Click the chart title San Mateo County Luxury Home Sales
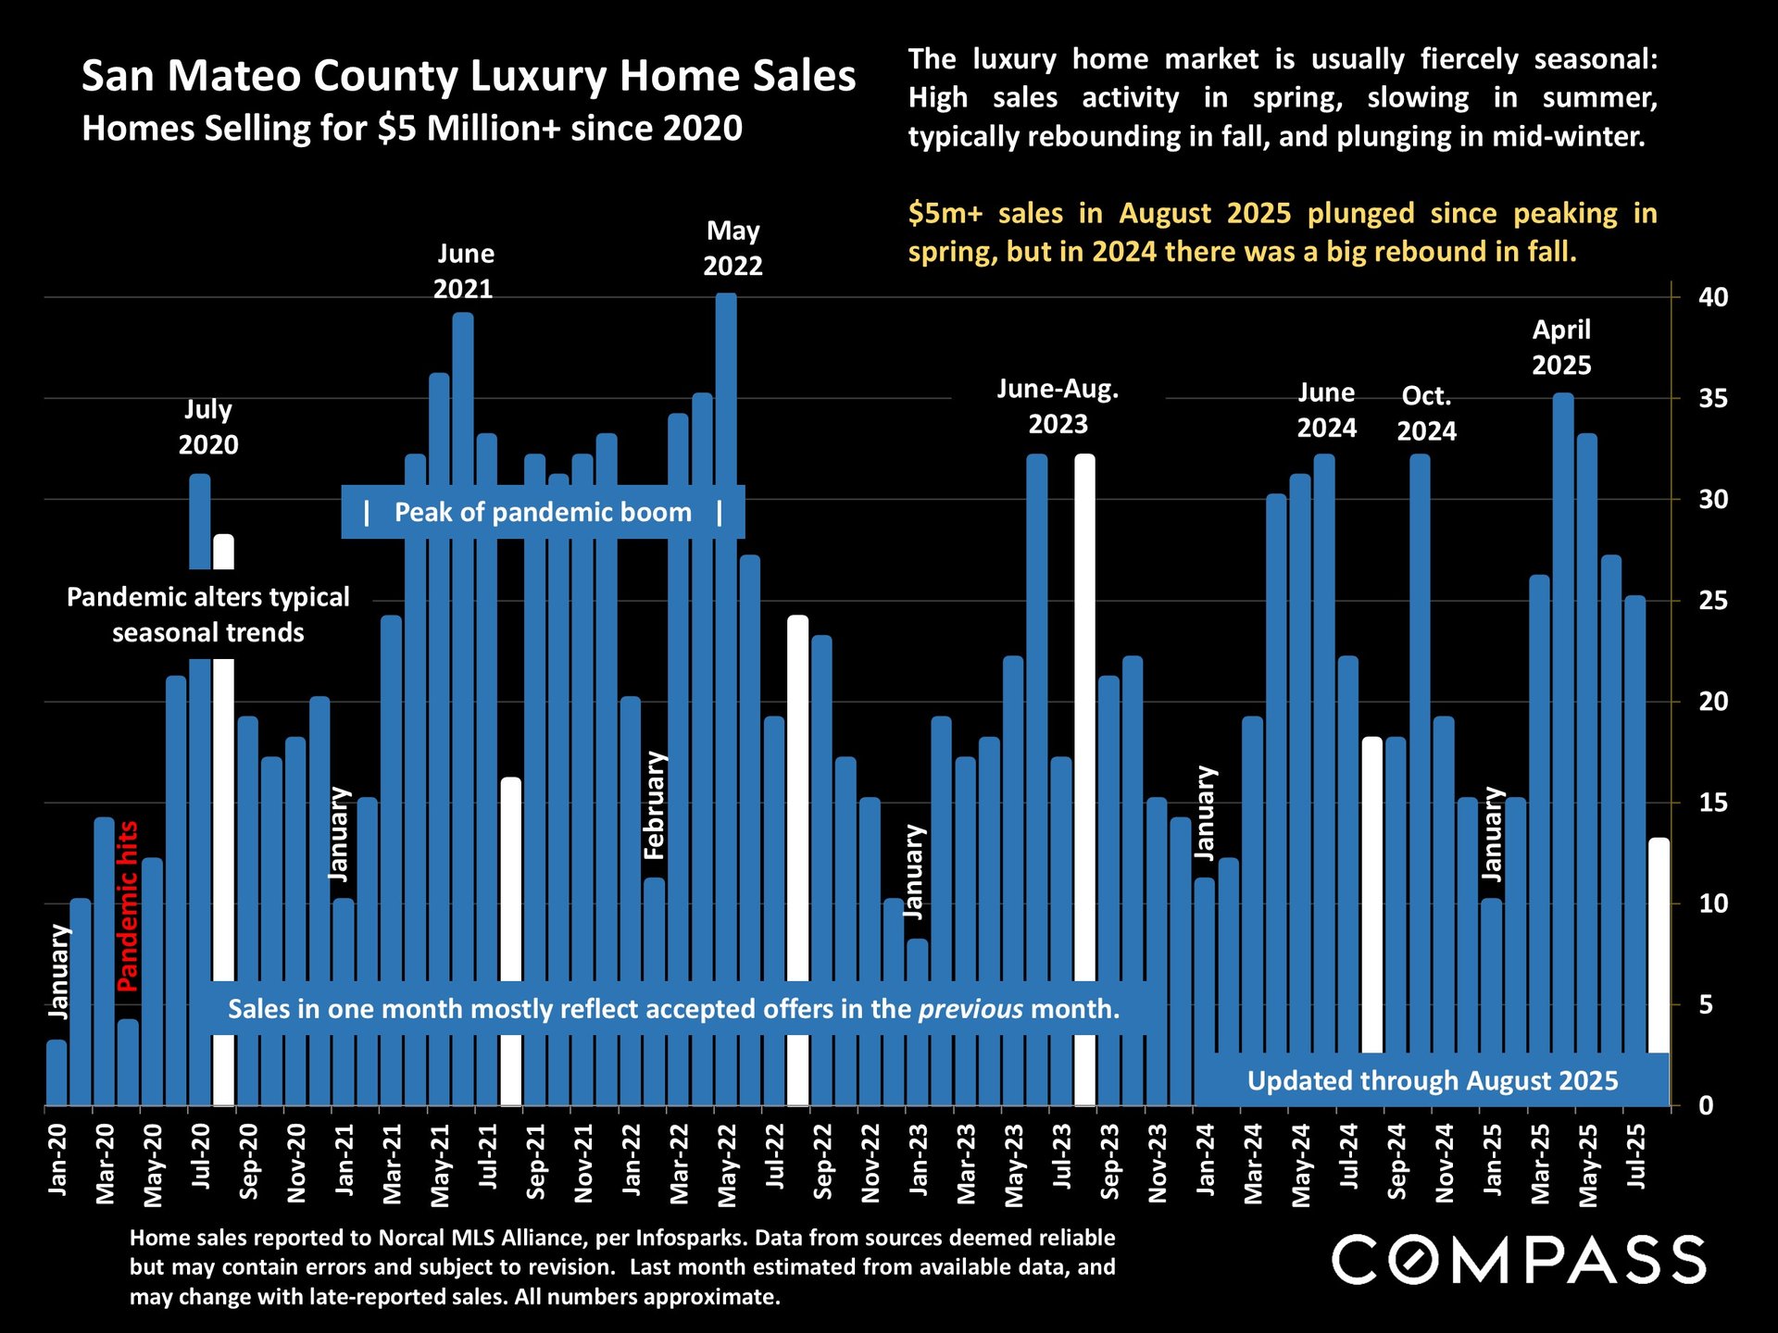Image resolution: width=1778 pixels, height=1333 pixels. pyautogui.click(x=469, y=76)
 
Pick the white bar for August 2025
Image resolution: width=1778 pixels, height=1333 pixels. pyautogui.click(x=1659, y=944)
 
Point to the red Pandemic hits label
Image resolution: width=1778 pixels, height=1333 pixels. pyautogui.click(x=127, y=906)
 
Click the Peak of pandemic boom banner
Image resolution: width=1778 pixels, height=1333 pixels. pyautogui.click(x=543, y=512)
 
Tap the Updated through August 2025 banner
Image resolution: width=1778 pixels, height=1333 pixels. pyautogui.click(x=1432, y=1080)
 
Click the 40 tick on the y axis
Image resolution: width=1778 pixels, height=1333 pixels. pyautogui.click(x=1712, y=297)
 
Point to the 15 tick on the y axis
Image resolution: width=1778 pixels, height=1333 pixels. pyautogui.click(x=1712, y=803)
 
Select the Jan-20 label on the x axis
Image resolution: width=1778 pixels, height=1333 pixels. pyautogui.click(x=57, y=1159)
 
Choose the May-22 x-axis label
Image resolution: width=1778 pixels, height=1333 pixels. pyautogui.click(x=728, y=1165)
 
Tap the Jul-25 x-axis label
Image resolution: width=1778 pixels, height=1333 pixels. pyautogui.click(x=1635, y=1157)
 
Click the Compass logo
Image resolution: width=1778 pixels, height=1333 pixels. pyautogui.click(x=1519, y=1260)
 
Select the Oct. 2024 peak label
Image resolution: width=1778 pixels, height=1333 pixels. pyautogui.click(x=1426, y=413)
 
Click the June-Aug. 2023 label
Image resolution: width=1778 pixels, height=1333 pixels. pyautogui.click(x=1058, y=406)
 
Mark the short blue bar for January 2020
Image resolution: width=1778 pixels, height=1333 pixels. pyautogui.click(x=56, y=1073)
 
